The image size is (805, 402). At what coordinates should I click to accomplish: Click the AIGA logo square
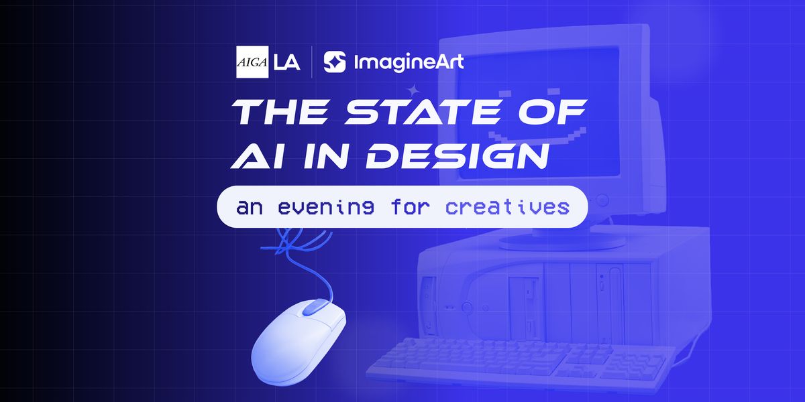coord(252,62)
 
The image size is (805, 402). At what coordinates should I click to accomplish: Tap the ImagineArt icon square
coord(335,62)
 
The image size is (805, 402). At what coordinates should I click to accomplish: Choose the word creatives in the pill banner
coord(507,207)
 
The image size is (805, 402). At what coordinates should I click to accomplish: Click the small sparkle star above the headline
coord(414,89)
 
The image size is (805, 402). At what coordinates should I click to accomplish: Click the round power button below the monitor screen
coord(603,199)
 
